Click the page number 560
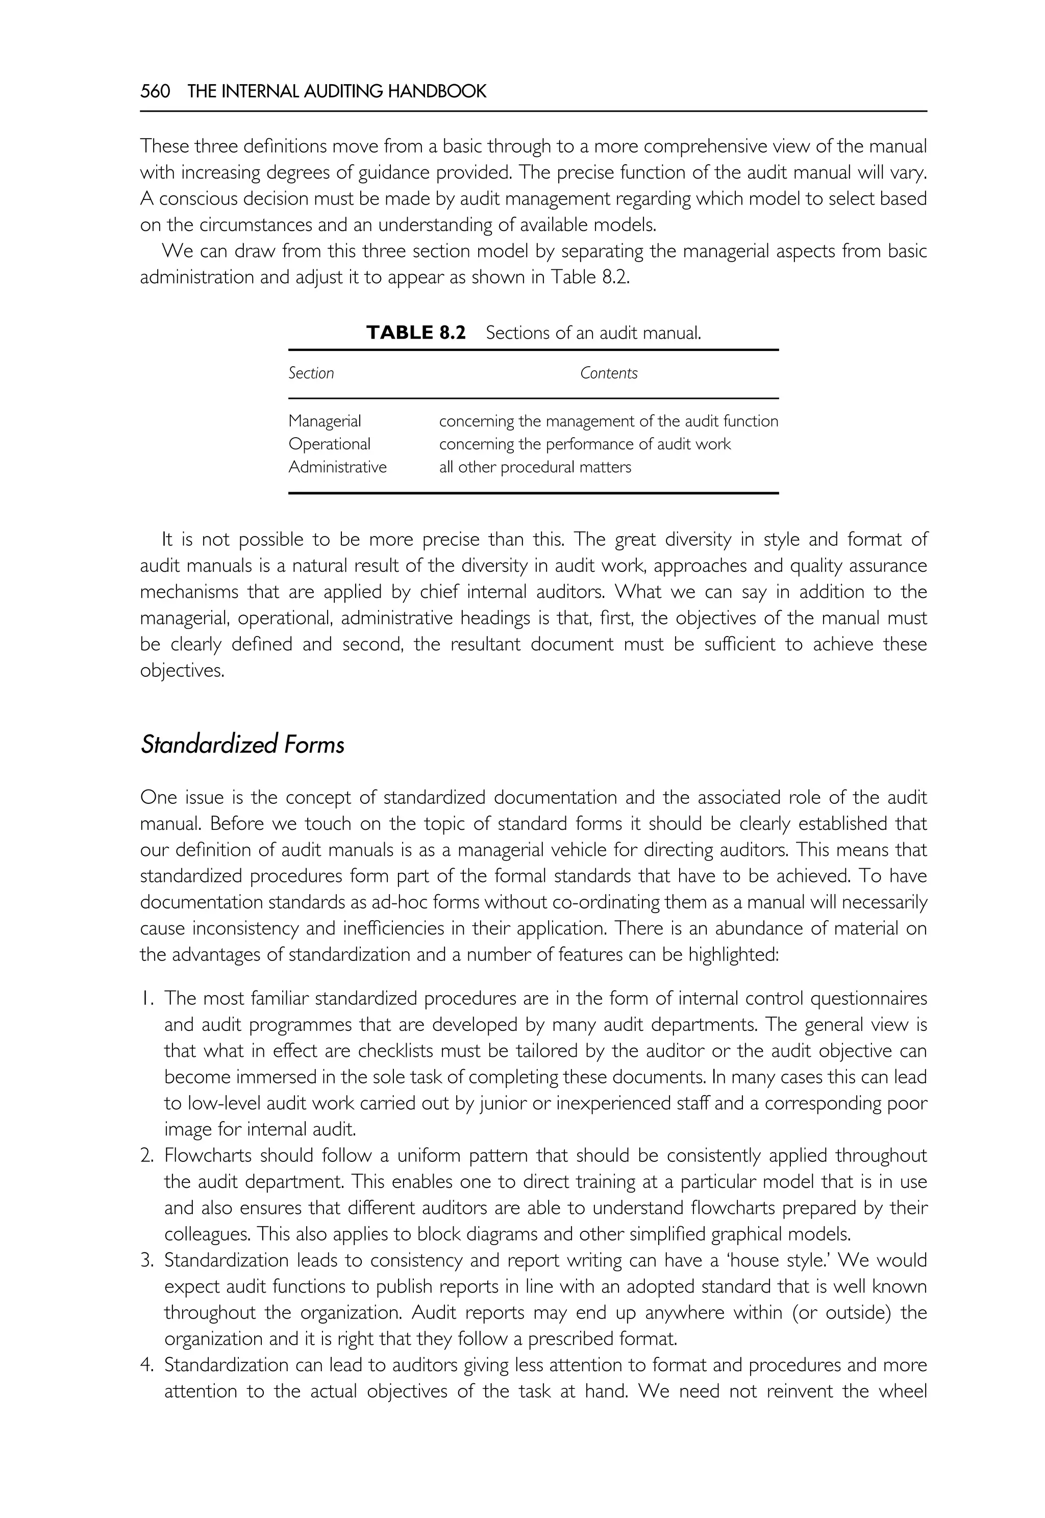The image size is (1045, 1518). pyautogui.click(x=155, y=92)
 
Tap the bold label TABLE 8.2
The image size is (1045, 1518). pyautogui.click(x=416, y=333)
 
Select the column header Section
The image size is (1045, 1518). pyautogui.click(x=311, y=373)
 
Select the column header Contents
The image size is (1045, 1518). pyautogui.click(x=608, y=373)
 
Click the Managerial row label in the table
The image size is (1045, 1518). pyautogui.click(x=325, y=421)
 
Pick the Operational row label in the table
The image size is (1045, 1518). pyautogui.click(x=329, y=444)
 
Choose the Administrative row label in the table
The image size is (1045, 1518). pyautogui.click(x=337, y=467)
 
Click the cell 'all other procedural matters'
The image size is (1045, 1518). pyautogui.click(x=535, y=467)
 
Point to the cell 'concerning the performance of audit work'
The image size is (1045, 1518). pyautogui.click(x=585, y=444)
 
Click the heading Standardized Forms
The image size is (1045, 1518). pyautogui.click(x=242, y=745)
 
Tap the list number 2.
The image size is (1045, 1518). pyautogui.click(x=146, y=1156)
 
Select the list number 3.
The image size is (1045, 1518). pyautogui.click(x=146, y=1261)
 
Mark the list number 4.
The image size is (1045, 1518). pyautogui.click(x=146, y=1365)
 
